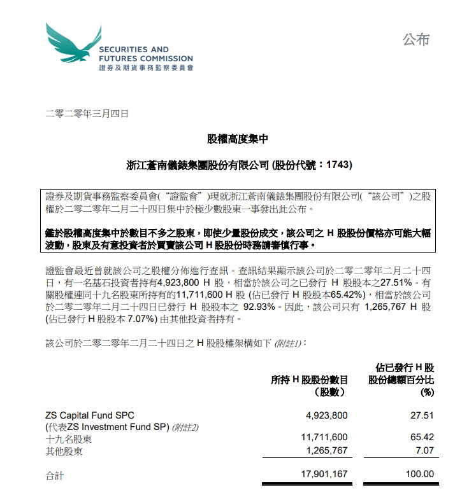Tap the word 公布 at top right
415,39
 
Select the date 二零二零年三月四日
88,115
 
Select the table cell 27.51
422,415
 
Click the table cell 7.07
425,451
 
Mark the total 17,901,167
324,474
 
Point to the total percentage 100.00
420,474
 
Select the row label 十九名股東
68,439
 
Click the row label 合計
55,474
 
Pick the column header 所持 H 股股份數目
310,380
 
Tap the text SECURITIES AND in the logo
134,49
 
